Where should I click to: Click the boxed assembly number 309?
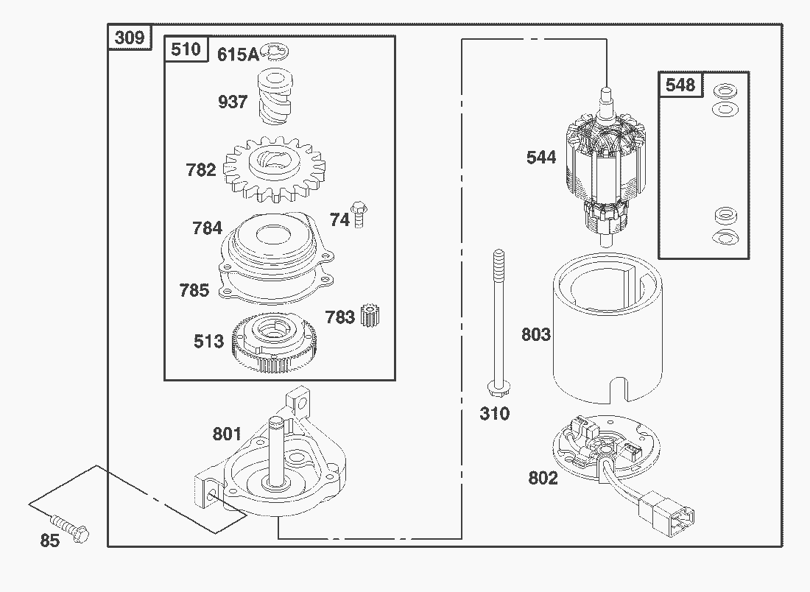click(130, 37)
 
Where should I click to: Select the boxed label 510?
click(186, 49)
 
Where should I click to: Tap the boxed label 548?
click(680, 85)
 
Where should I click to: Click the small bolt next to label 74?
click(359, 214)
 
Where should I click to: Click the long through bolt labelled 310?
click(498, 324)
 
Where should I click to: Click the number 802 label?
click(543, 478)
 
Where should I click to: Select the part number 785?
click(194, 290)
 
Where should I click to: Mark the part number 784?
click(207, 228)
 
